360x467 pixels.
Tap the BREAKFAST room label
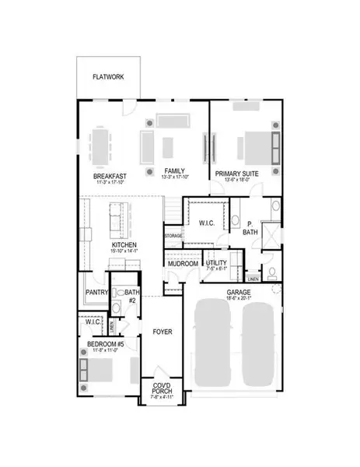pyautogui.click(x=110, y=177)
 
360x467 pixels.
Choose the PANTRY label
pyautogui.click(x=94, y=293)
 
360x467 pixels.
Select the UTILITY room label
pyautogui.click(x=216, y=263)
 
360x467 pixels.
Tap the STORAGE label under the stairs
pyautogui.click(x=173, y=234)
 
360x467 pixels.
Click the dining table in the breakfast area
pyautogui.click(x=103, y=145)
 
